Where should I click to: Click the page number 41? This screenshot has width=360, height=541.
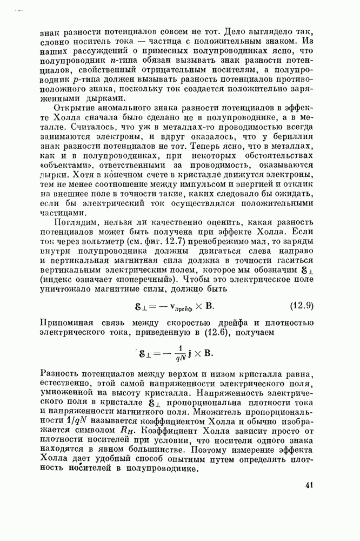click(x=310, y=485)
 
